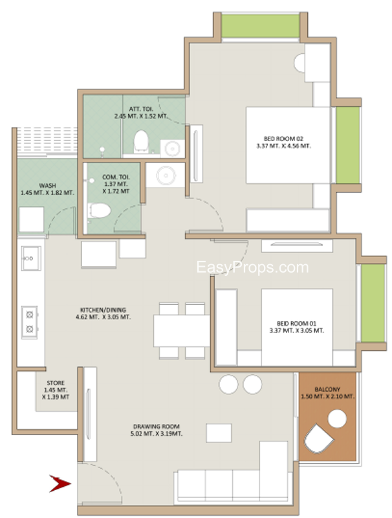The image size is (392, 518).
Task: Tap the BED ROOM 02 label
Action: point(283,142)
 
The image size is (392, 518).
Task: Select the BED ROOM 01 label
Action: point(296,327)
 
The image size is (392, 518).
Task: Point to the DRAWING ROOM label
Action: point(156,430)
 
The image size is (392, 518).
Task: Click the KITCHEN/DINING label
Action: point(103,313)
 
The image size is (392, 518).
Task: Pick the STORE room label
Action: point(56,390)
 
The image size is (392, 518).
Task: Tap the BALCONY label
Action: point(327,393)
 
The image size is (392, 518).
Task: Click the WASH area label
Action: point(47,189)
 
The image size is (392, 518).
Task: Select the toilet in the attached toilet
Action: point(141,141)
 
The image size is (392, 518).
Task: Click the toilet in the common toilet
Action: point(99,211)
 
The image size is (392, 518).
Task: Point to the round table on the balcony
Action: point(337,418)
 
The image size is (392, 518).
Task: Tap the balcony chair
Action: point(318,439)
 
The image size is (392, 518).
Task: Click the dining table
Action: point(182,331)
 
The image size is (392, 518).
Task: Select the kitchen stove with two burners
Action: point(30,322)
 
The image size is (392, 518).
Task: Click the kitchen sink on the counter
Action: point(31,258)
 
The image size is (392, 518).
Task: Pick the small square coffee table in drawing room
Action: point(219,433)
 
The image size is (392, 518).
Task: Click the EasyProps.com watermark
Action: point(252,267)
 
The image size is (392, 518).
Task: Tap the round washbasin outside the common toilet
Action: point(166,175)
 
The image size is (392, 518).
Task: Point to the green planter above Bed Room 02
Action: point(260,26)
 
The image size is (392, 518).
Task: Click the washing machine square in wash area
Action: point(31,220)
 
